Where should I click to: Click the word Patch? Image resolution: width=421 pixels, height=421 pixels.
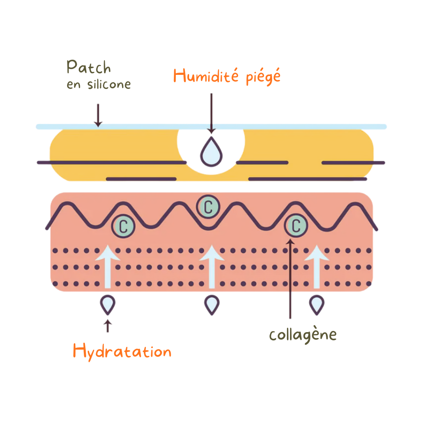point(89,67)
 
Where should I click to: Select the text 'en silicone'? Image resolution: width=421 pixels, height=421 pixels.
point(99,85)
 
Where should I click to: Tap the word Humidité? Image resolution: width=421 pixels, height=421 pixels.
point(206,76)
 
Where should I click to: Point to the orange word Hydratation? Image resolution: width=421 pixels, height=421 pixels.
point(122,352)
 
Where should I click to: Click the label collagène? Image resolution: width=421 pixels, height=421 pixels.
point(303,335)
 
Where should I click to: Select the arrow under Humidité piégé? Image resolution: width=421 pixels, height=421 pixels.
point(211,113)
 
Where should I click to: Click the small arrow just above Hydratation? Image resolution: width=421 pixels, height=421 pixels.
point(108,326)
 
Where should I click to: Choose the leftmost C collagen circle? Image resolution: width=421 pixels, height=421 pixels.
point(123,226)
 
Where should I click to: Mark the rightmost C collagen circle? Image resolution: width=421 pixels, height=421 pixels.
point(296,225)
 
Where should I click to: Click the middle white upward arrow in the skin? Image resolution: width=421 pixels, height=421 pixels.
point(212,267)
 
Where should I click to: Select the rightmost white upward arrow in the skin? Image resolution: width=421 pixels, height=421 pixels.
point(317,267)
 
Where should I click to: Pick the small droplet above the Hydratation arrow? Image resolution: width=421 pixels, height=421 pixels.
point(108,304)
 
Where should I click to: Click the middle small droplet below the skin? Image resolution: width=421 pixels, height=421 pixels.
point(212,304)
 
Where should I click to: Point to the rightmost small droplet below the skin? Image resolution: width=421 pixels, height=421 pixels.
point(317,304)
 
